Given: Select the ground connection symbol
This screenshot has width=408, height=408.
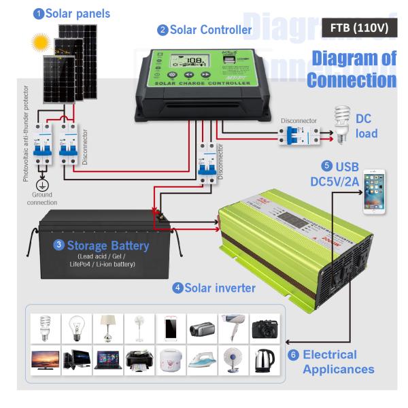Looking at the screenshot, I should pos(42,184).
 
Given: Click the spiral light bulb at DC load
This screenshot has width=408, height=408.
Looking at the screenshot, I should pos(341,123).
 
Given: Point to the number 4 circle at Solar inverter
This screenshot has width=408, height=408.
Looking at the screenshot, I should pos(179,289).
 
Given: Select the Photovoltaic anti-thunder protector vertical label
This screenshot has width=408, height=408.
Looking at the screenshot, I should pos(27,133).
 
